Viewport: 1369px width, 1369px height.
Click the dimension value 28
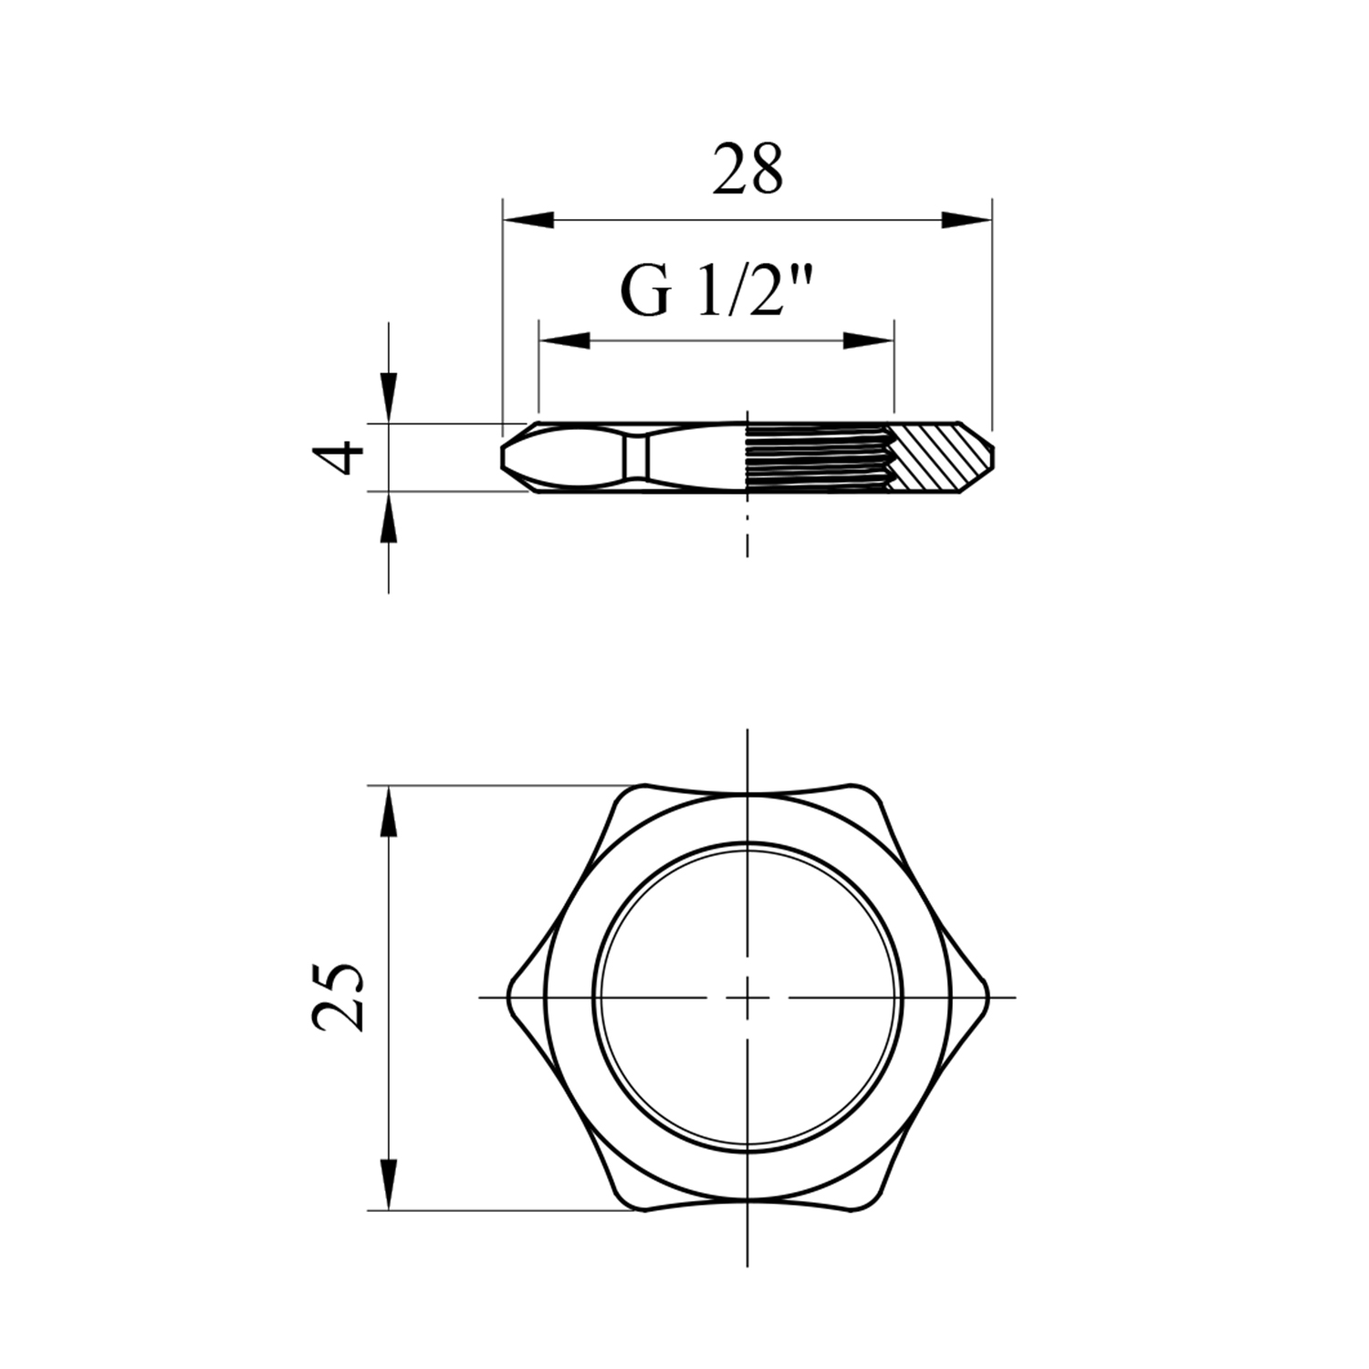(747, 170)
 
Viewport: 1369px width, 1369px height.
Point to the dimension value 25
(339, 997)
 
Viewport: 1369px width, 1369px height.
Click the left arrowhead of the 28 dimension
(529, 220)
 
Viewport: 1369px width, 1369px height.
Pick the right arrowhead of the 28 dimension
(967, 220)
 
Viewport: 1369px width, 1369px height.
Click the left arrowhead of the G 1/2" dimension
(564, 340)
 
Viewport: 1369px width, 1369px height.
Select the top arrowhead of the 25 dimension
(389, 811)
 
